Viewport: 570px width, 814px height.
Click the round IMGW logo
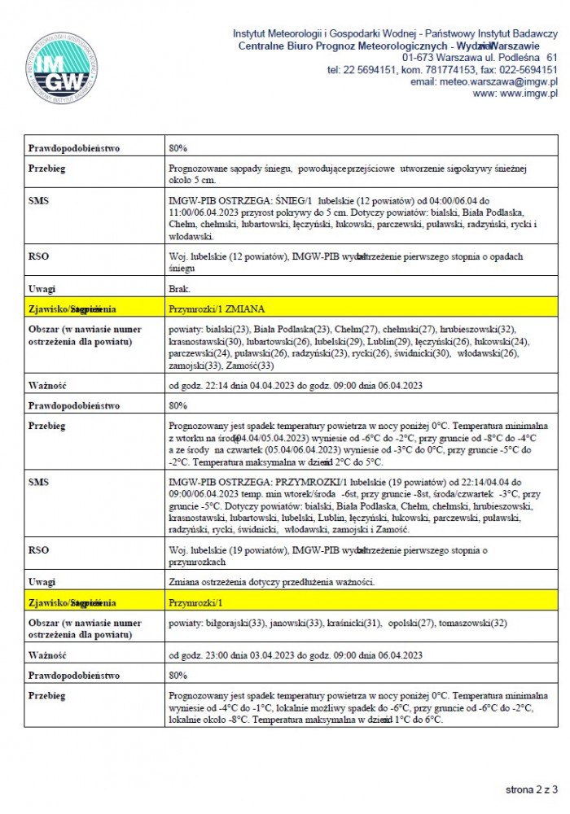click(63, 68)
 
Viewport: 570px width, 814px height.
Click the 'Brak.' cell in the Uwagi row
click(180, 288)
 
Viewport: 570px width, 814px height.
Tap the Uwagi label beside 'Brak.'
click(42, 288)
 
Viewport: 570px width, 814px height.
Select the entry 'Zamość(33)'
click(253, 365)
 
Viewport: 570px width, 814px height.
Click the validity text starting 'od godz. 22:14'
click(295, 385)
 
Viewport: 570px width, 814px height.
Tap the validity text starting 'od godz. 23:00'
click(295, 655)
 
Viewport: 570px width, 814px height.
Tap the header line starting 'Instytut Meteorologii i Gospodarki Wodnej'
click(395, 34)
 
